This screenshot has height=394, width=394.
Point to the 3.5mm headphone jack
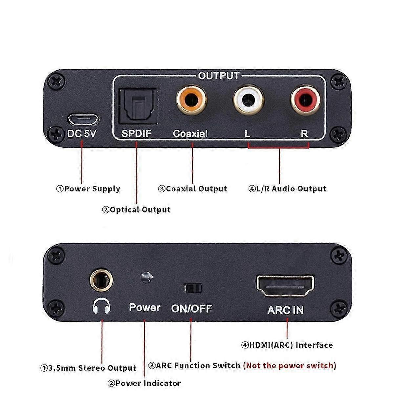pos(101,280)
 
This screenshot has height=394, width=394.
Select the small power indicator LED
pos(146,277)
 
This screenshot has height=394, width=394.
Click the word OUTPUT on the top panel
pos(219,76)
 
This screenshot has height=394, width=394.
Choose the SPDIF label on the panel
pos(136,134)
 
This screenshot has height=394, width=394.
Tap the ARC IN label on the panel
pos(285,310)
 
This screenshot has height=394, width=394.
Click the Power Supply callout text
pos(88,189)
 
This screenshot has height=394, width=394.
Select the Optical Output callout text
pos(136,209)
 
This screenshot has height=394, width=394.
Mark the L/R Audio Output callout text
pos(287,189)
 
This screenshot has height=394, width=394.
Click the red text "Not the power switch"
pos(290,365)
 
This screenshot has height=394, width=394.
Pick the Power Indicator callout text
pos(144,383)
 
